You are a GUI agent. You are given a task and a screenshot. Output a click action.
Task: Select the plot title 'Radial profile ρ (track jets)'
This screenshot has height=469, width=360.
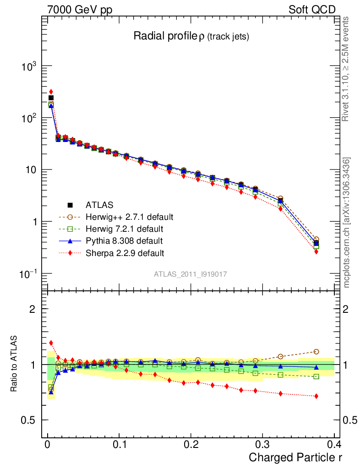(x=191, y=37)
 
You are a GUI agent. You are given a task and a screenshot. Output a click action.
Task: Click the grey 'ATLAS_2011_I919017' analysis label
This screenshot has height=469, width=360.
(x=191, y=274)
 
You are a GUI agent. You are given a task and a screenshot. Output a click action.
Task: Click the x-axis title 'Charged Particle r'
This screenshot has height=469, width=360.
(x=295, y=458)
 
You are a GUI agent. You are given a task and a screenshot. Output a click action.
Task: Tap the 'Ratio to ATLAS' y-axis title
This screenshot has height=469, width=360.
(x=15, y=365)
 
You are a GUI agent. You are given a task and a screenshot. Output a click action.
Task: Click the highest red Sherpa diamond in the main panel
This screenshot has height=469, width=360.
(x=51, y=92)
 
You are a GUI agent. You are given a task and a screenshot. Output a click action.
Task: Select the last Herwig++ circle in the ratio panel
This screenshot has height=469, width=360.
(x=316, y=352)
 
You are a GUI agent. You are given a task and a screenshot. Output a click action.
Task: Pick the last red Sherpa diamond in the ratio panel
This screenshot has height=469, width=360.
(x=316, y=396)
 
